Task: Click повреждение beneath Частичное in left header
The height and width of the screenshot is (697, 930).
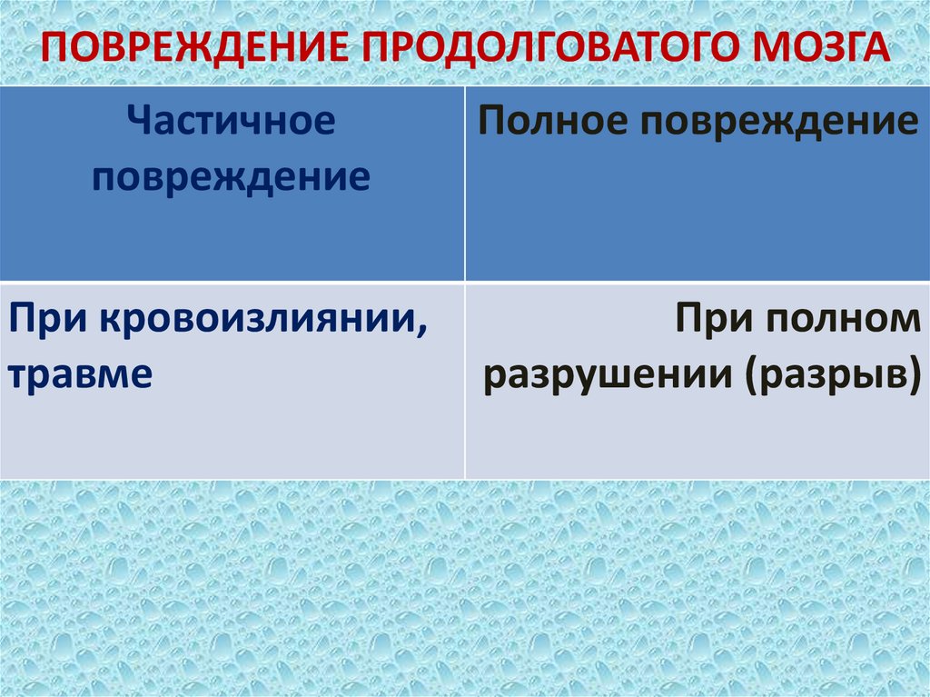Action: (231, 175)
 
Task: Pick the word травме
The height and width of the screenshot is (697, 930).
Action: (80, 374)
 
